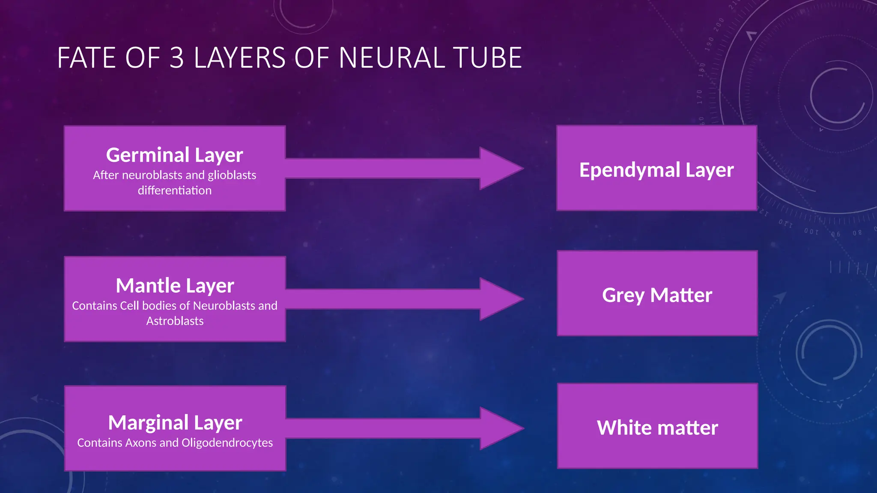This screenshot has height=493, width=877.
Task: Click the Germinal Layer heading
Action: [174, 155]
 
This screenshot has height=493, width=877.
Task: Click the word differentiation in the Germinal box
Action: [174, 190]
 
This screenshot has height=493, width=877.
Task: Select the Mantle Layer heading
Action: [175, 285]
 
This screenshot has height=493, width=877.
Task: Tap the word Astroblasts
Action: [175, 321]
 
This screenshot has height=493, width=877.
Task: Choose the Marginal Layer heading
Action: [175, 423]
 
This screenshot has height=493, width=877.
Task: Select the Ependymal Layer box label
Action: [656, 170]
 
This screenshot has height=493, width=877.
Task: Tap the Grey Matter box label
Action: [657, 295]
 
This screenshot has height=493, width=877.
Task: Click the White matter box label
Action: [657, 428]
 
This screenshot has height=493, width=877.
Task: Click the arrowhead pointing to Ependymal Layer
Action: [499, 168]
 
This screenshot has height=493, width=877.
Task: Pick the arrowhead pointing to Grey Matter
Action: [499, 299]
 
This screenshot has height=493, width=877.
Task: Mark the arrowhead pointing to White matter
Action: [499, 428]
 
